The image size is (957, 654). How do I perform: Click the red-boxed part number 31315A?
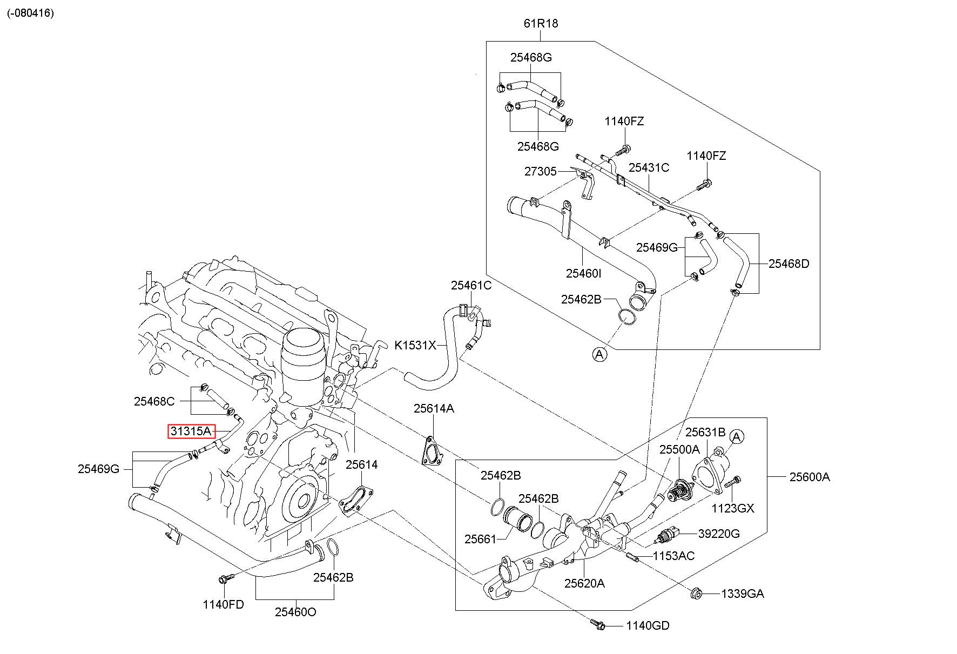[191, 431]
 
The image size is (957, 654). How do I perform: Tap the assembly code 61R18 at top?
[541, 24]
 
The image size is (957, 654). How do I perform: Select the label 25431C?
[649, 168]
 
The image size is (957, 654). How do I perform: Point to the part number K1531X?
[415, 345]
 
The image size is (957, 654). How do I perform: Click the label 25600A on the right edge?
[810, 477]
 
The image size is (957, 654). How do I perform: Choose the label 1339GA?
[743, 594]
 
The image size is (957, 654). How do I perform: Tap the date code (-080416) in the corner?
[31, 13]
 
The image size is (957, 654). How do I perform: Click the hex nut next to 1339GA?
[697, 594]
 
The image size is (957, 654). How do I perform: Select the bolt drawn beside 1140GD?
[598, 625]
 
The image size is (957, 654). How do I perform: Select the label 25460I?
[583, 273]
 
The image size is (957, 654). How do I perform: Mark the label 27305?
[540, 172]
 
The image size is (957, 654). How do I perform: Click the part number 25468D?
[789, 264]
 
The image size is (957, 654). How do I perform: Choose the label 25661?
[480, 539]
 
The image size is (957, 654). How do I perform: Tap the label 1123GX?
[733, 508]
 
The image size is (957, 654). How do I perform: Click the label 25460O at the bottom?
[295, 612]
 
